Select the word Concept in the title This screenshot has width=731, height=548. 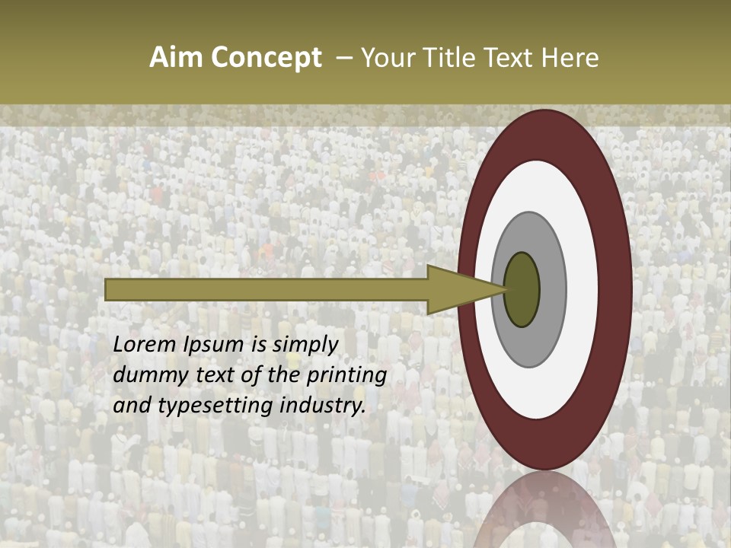(x=267, y=58)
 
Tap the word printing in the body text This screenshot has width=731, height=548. (x=346, y=376)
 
